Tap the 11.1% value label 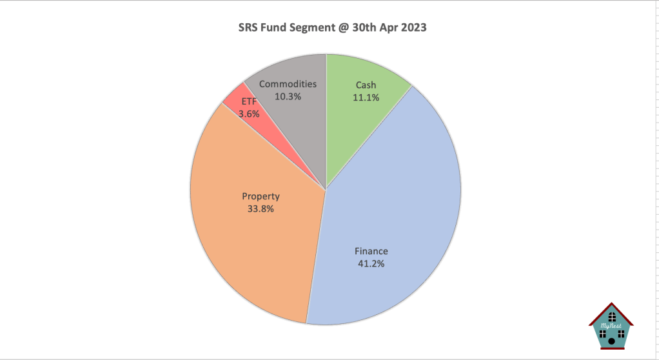(x=366, y=97)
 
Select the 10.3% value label (x=288, y=96)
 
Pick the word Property (x=261, y=196)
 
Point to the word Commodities (x=288, y=84)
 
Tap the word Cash (x=366, y=85)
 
